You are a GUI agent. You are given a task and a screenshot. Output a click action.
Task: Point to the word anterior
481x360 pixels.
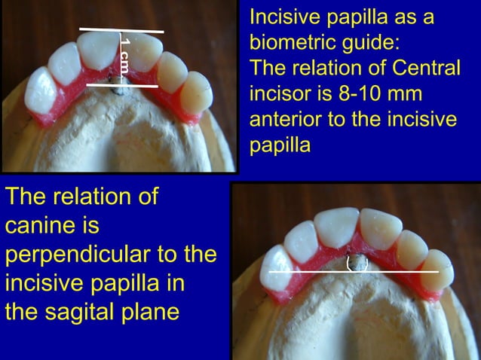[x=284, y=120]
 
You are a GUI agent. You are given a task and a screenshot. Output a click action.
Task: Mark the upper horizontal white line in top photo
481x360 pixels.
[x=121, y=31]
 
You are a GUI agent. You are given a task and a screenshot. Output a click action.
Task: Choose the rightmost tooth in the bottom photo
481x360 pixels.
[x=437, y=271]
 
